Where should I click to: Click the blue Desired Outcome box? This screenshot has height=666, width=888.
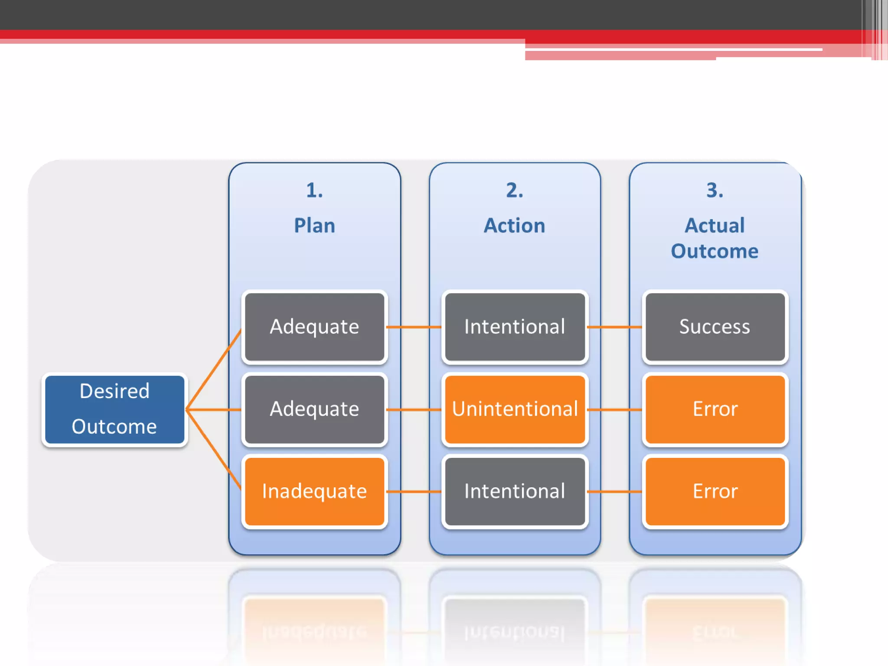pyautogui.click(x=115, y=409)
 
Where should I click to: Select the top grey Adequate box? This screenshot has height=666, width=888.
pyautogui.click(x=314, y=326)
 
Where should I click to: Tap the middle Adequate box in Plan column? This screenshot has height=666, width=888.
pyautogui.click(x=314, y=409)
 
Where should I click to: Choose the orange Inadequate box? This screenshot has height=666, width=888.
pyautogui.click(x=314, y=491)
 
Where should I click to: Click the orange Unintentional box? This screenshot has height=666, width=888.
pyautogui.click(x=515, y=409)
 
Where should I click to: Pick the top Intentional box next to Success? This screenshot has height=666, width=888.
pyautogui.click(x=515, y=326)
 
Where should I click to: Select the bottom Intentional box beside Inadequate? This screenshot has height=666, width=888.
pyautogui.click(x=515, y=491)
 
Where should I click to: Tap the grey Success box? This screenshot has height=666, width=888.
pyautogui.click(x=715, y=326)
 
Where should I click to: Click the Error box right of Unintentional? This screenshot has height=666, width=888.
pyautogui.click(x=715, y=409)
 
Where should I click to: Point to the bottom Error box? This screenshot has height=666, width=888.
pyautogui.click(x=715, y=491)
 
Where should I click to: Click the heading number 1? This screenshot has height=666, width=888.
pyautogui.click(x=314, y=190)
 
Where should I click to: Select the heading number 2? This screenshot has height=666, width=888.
pyautogui.click(x=515, y=190)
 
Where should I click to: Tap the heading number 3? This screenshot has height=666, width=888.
pyautogui.click(x=715, y=190)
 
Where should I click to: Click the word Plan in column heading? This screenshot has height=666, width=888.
pyautogui.click(x=314, y=225)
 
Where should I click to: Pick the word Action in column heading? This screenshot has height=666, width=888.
pyautogui.click(x=515, y=225)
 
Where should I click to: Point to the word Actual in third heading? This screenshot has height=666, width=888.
pyautogui.click(x=715, y=225)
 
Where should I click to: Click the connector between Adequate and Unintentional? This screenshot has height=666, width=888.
pyautogui.click(x=414, y=409)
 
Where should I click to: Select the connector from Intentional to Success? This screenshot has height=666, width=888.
pyautogui.click(x=614, y=327)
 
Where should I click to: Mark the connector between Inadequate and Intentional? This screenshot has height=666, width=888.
pyautogui.click(x=414, y=492)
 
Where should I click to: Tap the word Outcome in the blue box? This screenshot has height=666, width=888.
pyautogui.click(x=114, y=427)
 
